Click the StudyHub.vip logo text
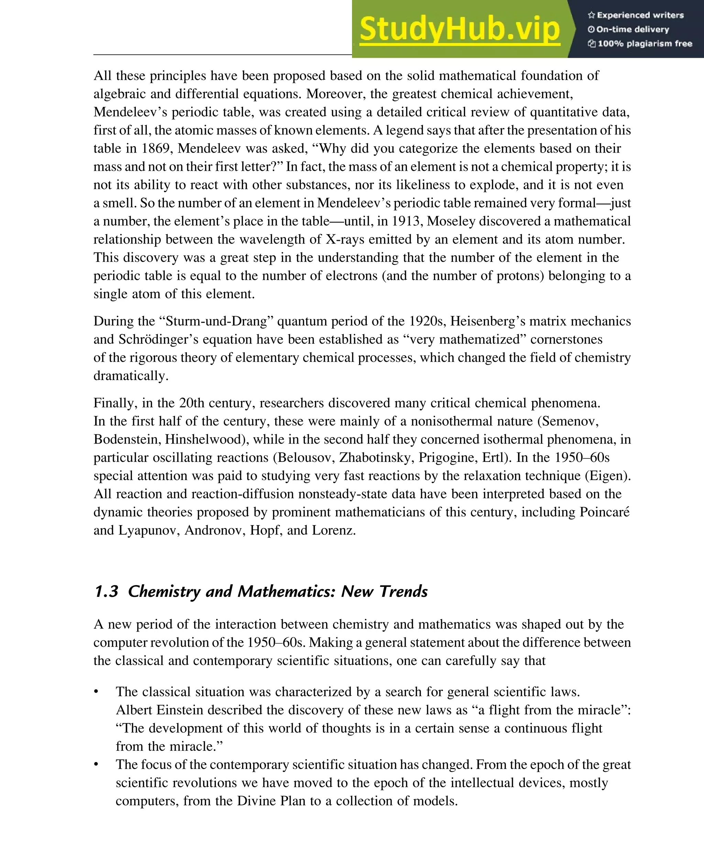click(460, 29)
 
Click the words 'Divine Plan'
click(271, 801)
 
